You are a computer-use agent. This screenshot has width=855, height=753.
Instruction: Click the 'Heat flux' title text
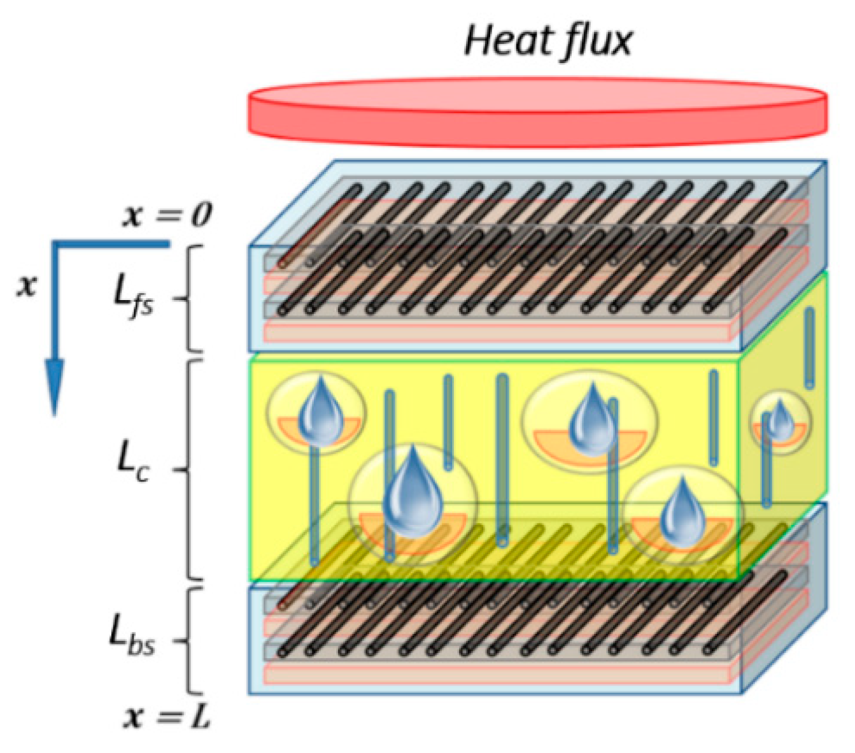pyautogui.click(x=548, y=40)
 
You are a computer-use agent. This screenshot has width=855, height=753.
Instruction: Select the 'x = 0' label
pyautogui.click(x=167, y=215)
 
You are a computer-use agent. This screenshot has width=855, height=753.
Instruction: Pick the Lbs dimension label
pyautogui.click(x=132, y=637)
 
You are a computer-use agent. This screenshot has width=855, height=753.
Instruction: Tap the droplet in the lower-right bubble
pyautogui.click(x=682, y=513)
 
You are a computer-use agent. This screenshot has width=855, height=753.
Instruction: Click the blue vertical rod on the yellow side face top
pyautogui.click(x=809, y=348)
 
